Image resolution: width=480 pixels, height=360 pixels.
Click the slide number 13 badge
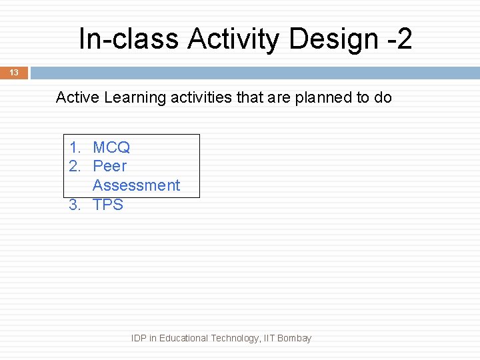[14, 73]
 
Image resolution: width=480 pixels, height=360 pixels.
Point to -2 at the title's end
[399, 39]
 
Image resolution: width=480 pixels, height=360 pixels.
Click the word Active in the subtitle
[77, 97]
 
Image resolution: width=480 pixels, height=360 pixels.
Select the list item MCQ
[111, 147]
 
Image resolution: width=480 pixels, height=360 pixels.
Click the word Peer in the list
[109, 166]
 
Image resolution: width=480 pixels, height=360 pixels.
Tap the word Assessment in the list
[136, 185]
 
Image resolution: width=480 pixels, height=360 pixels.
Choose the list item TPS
[108, 205]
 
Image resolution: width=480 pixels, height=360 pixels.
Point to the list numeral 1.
[75, 147]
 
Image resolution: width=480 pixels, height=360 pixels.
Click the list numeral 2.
[75, 166]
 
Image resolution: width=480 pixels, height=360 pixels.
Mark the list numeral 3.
[75, 205]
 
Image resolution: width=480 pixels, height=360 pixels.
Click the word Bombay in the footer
[294, 338]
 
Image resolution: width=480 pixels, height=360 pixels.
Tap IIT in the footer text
[269, 338]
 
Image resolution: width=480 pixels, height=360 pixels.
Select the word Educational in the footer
[183, 338]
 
